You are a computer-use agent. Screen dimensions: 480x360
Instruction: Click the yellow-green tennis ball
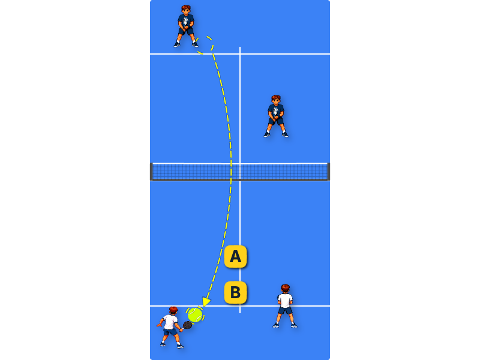click(195, 315)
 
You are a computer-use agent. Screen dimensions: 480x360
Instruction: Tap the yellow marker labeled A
click(235, 257)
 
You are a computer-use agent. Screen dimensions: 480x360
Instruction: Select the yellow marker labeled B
click(235, 292)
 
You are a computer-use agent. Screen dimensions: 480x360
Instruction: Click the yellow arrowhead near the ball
click(206, 302)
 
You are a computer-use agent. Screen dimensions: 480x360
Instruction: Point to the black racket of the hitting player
click(187, 325)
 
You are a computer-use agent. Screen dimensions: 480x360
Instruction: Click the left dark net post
click(151, 172)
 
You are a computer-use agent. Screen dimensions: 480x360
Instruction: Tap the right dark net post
click(328, 172)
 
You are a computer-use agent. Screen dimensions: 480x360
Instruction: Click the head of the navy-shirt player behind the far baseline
click(186, 10)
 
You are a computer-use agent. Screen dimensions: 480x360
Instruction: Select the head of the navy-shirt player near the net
click(276, 100)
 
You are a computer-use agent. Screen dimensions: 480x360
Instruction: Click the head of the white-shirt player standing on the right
click(285, 289)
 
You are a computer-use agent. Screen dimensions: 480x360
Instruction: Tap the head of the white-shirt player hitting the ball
click(173, 311)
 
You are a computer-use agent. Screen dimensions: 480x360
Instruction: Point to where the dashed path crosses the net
click(231, 172)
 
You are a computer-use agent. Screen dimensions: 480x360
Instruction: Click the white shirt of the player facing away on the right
click(285, 301)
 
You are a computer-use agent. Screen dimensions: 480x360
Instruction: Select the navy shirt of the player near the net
click(276, 111)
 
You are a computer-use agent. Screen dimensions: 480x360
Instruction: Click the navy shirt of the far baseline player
click(186, 21)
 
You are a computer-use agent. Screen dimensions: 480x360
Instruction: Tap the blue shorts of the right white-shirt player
click(286, 311)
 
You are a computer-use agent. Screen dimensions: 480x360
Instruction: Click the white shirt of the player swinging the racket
click(170, 322)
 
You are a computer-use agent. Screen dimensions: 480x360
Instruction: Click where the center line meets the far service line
click(240, 54)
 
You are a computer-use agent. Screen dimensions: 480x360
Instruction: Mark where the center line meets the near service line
click(240, 306)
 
